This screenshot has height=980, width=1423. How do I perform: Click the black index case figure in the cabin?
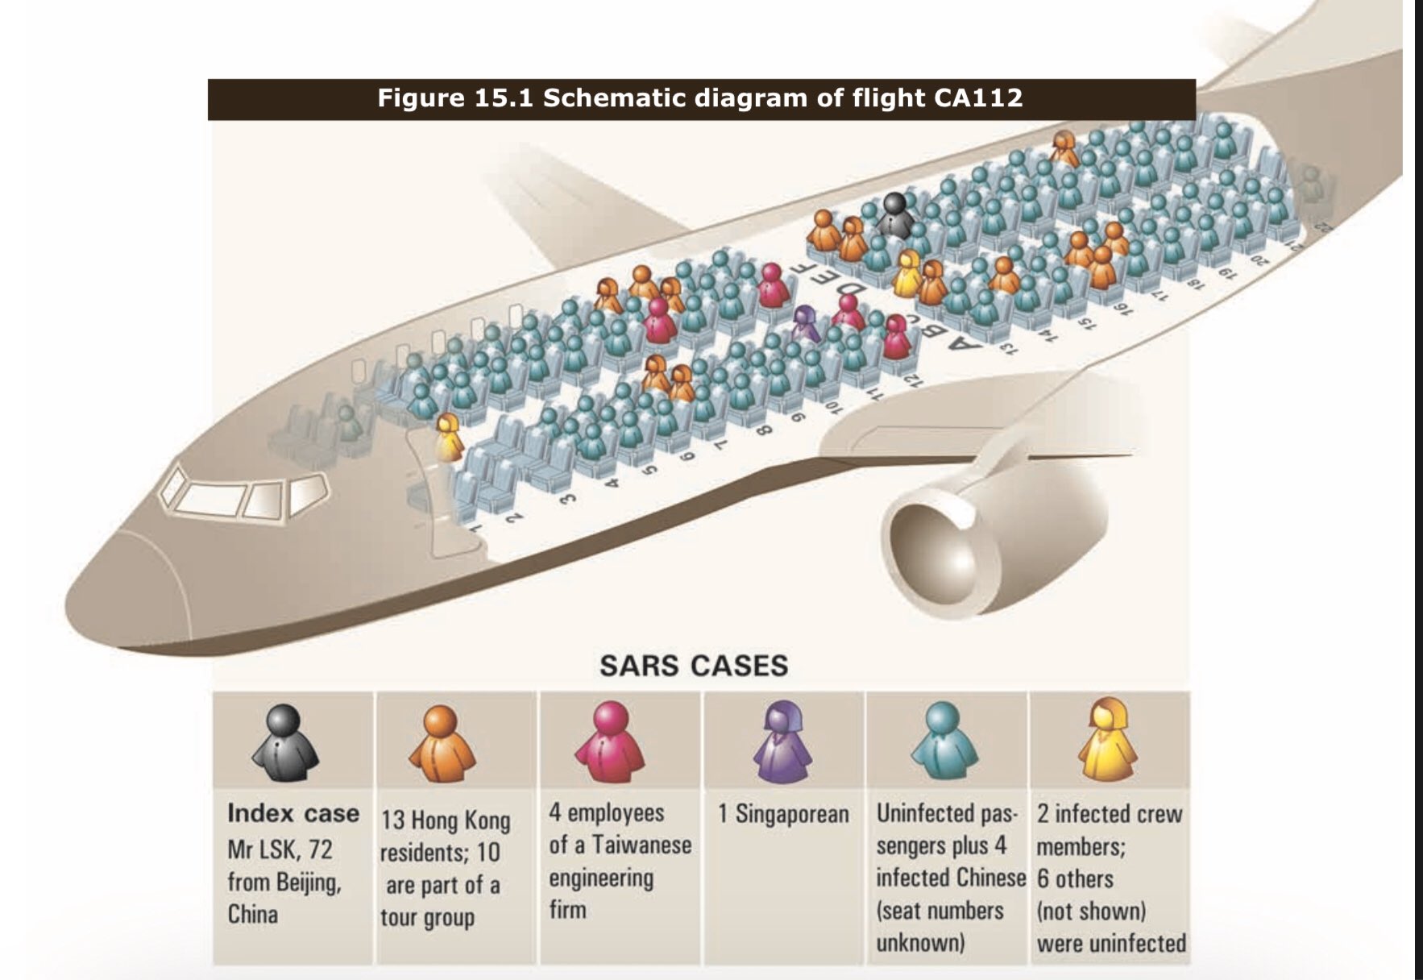[894, 214]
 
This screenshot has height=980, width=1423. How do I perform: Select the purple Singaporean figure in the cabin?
[805, 323]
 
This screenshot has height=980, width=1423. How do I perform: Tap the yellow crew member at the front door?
[448, 438]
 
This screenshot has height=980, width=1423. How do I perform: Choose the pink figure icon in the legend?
[610, 741]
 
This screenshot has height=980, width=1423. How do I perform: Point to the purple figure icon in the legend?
[782, 741]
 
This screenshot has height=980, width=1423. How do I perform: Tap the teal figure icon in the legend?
[944, 741]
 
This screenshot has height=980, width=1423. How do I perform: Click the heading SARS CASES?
[694, 666]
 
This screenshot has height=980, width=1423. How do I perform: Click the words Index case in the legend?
[292, 813]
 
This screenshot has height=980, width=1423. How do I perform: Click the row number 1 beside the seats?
[476, 529]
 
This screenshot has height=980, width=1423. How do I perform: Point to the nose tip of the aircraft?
[77, 600]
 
